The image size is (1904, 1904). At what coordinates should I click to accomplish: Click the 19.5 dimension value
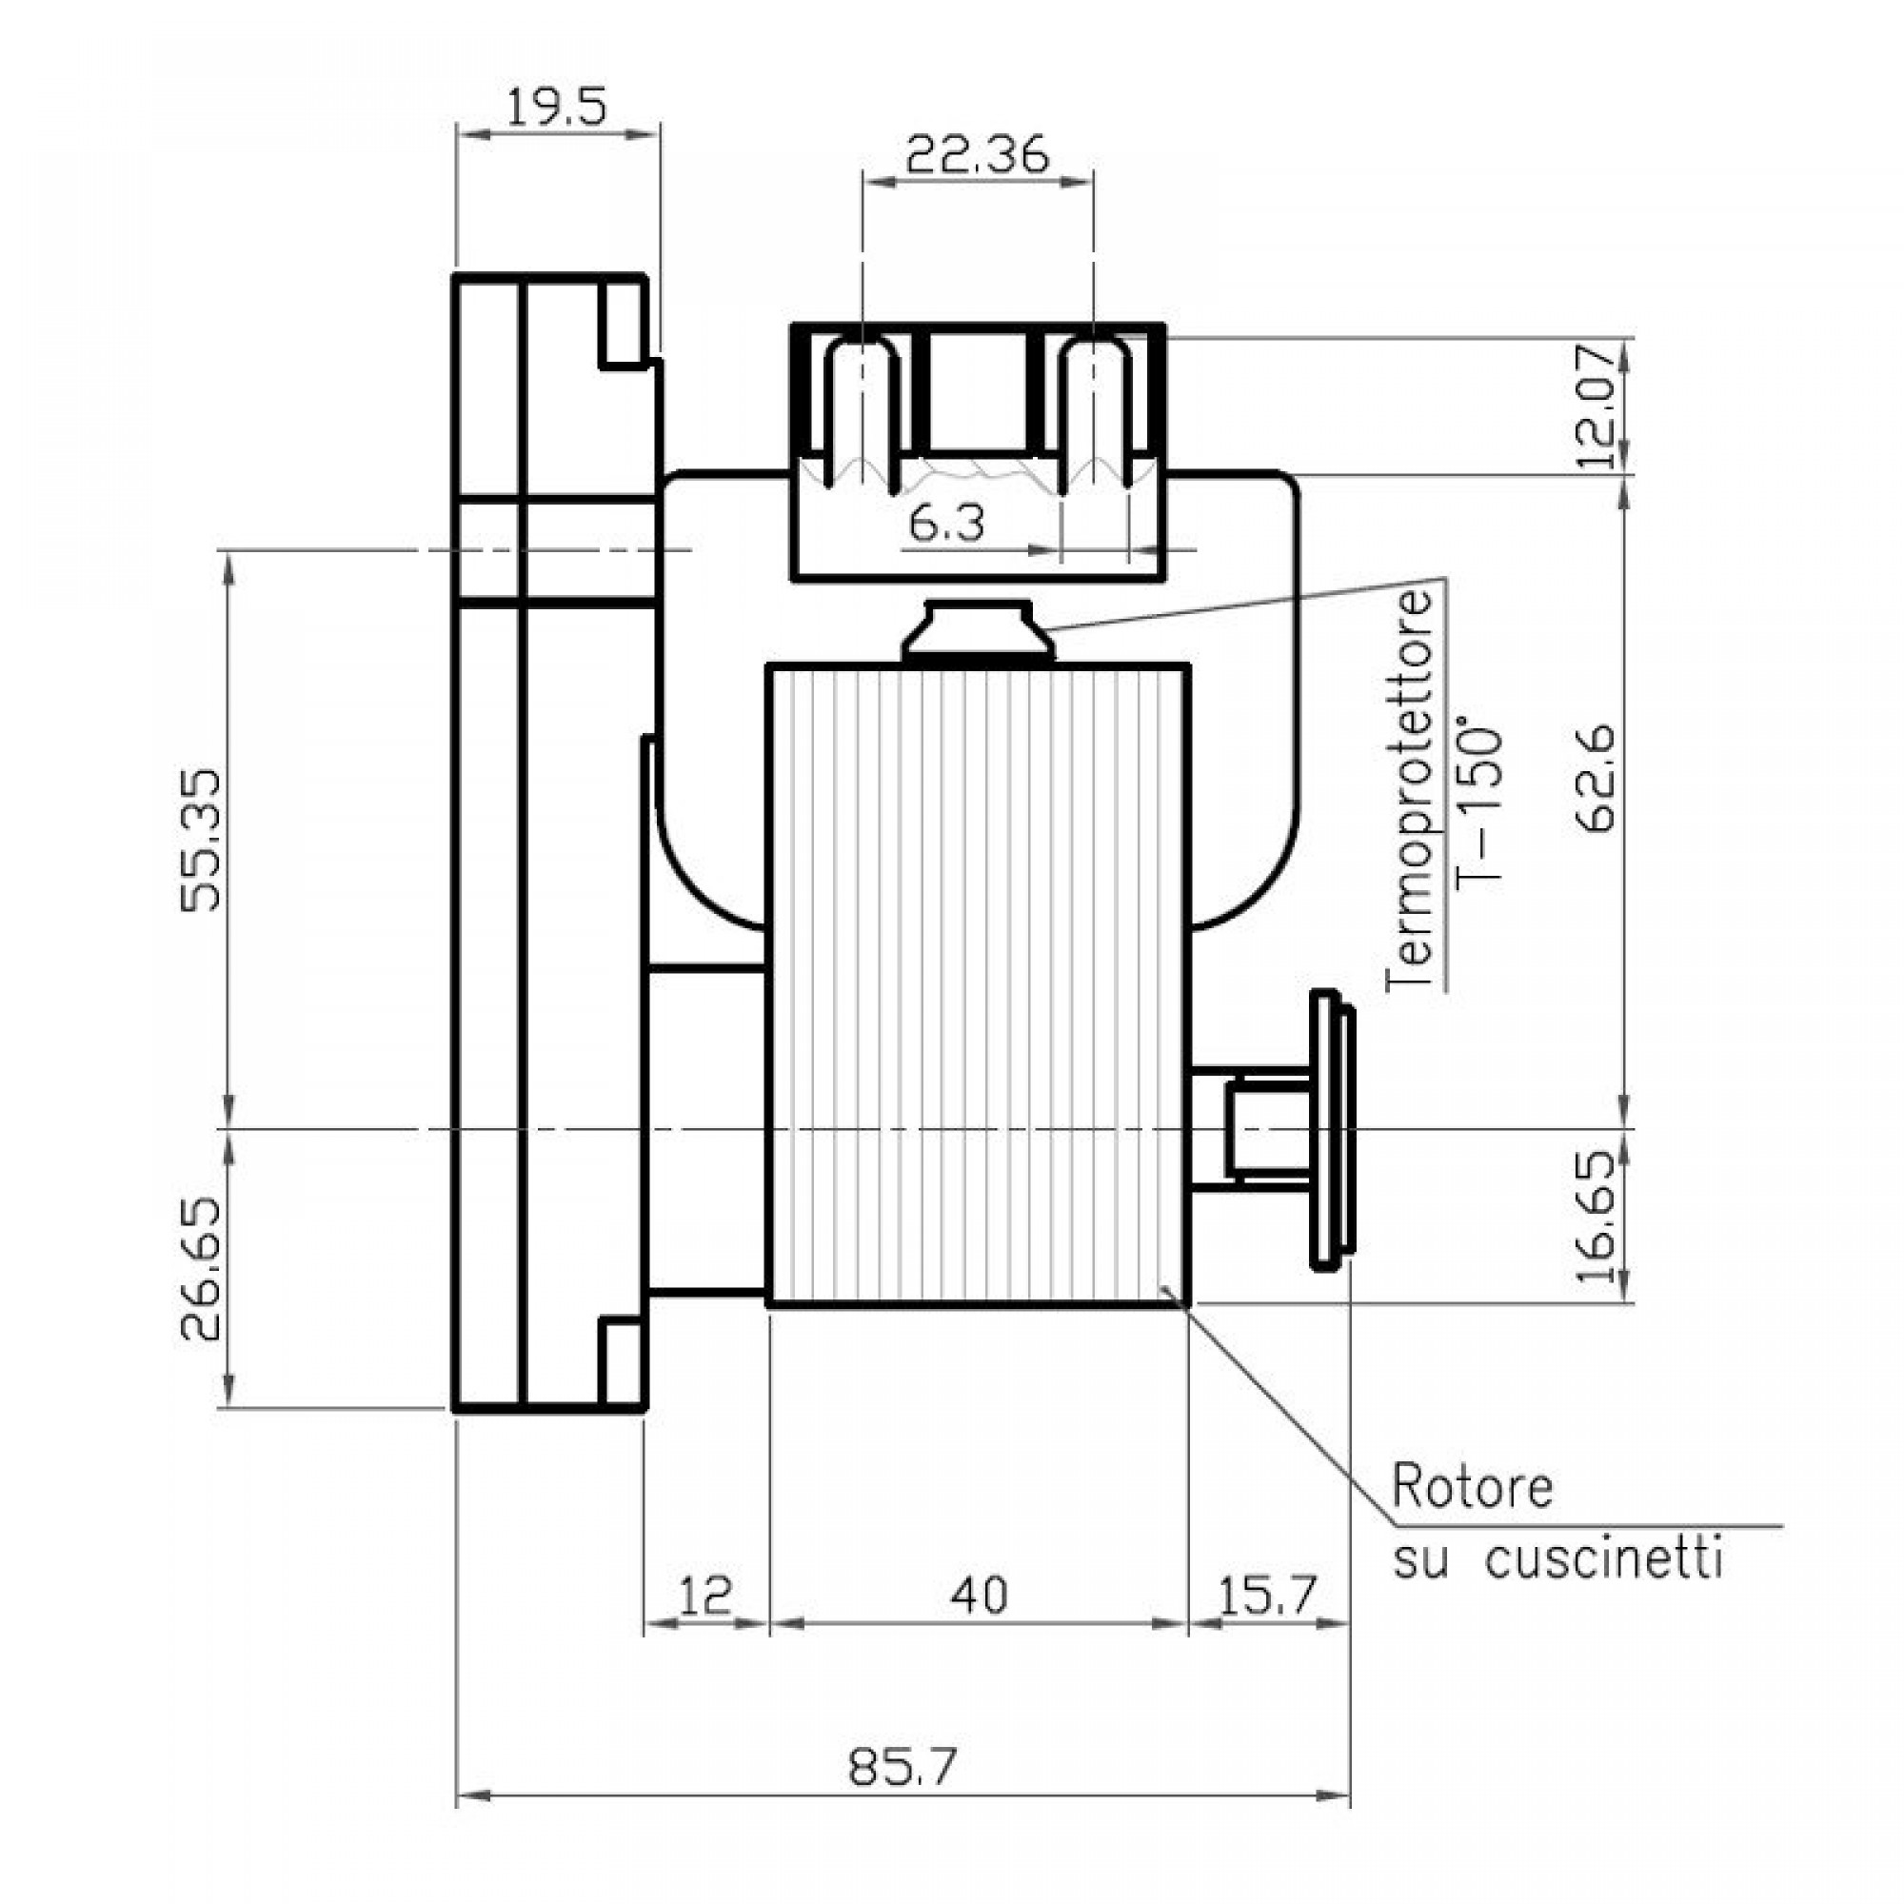coord(556,108)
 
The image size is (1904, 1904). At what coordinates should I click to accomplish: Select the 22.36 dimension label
coord(977,156)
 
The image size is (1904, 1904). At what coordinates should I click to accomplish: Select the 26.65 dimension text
coord(203,1269)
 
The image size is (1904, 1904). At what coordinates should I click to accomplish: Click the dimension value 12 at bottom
coord(704,1595)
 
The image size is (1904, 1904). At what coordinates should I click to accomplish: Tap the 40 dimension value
coord(979,1595)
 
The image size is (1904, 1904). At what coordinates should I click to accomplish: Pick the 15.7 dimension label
coord(1266,1595)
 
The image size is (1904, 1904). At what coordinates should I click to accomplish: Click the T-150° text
coord(1478,808)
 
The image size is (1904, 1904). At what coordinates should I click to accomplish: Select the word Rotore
coord(1472,1487)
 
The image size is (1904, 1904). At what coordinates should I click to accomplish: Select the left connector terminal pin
coord(862,414)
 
